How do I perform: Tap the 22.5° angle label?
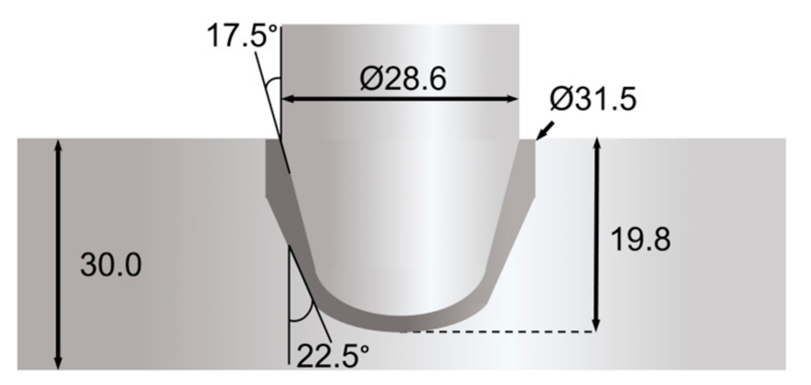(333, 356)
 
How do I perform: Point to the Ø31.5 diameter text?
(593, 99)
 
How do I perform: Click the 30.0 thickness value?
(110, 265)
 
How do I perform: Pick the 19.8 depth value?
(640, 239)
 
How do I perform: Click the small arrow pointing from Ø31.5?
(545, 131)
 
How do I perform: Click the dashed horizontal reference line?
(495, 332)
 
